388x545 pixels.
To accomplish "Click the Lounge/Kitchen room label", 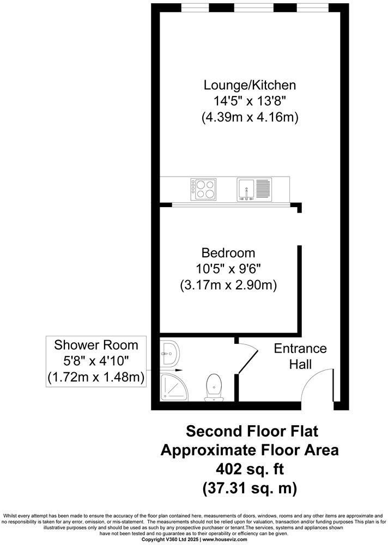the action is (x=250, y=85).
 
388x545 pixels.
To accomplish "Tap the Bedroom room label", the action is (x=228, y=252).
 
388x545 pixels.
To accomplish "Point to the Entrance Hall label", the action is (x=300, y=356).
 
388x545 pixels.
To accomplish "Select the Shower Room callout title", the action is (x=96, y=345).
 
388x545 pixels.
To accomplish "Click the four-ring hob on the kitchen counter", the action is (x=203, y=189).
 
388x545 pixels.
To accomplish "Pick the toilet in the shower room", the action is (x=214, y=387).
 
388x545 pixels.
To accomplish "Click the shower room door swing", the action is (x=247, y=361).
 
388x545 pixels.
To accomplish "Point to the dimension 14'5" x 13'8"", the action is (x=250, y=101).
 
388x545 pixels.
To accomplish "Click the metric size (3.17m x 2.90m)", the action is (x=228, y=286).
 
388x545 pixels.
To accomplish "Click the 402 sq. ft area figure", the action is (x=250, y=469).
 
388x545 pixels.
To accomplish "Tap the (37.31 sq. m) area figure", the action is (x=250, y=488).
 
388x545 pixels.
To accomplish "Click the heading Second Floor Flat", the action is (x=252, y=431).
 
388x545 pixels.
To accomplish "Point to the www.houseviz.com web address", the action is (x=225, y=540).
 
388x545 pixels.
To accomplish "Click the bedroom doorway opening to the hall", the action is (x=299, y=229).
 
